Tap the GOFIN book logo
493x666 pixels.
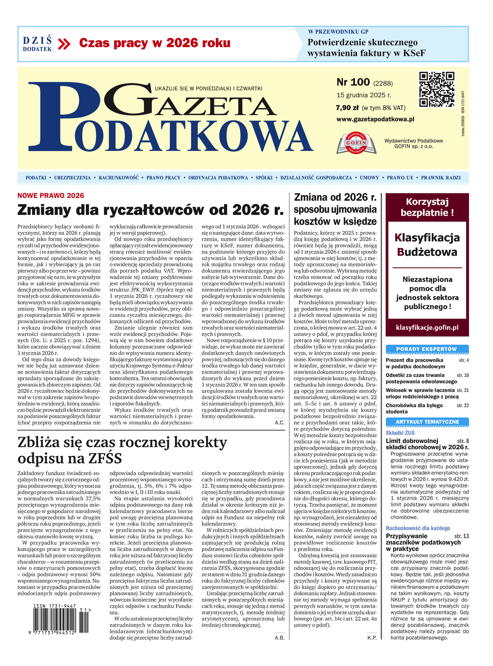(x=356, y=143)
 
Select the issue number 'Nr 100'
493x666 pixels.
(x=353, y=82)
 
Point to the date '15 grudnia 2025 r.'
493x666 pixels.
(x=363, y=95)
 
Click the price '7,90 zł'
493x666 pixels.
(x=347, y=108)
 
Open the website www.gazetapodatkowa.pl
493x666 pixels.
(x=375, y=119)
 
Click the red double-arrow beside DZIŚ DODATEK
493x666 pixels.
(x=64, y=44)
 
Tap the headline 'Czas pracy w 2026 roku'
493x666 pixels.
(x=155, y=43)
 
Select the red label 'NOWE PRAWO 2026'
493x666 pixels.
(x=51, y=196)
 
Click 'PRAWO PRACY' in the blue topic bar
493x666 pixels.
(x=163, y=178)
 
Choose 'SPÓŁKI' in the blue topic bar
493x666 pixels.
(x=264, y=178)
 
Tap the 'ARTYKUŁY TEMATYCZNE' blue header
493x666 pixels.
(x=427, y=422)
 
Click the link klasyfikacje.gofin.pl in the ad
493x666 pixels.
(x=427, y=328)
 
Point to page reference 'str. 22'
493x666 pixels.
(x=463, y=405)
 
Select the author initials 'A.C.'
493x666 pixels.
(x=280, y=422)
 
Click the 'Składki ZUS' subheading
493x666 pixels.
(x=400, y=433)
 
